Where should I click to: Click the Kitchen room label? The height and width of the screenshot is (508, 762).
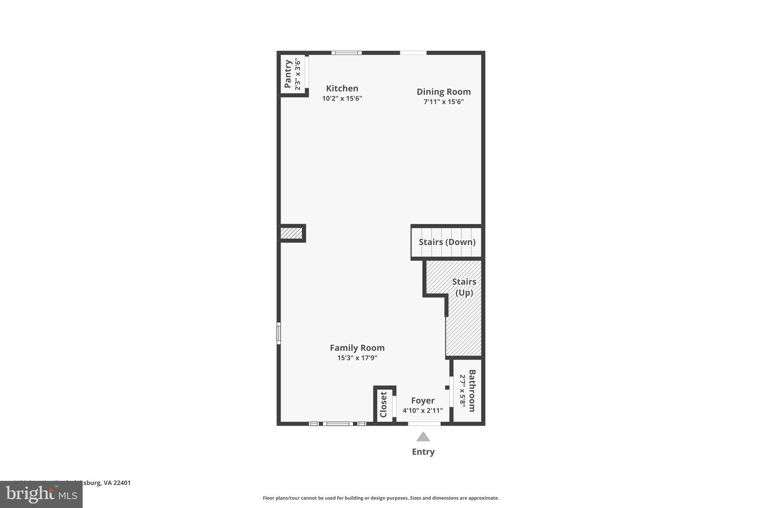[342, 89]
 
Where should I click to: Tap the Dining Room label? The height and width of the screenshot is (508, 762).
[444, 92]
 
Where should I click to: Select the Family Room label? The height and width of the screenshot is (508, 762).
[357, 348]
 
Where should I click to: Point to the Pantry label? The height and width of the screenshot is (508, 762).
[288, 74]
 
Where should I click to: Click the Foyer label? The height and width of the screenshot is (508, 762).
[423, 401]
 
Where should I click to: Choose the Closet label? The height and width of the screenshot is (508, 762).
[384, 405]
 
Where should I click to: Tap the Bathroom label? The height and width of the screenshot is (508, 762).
[472, 390]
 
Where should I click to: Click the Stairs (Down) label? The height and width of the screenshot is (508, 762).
[447, 242]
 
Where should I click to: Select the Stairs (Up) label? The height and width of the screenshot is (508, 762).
[464, 287]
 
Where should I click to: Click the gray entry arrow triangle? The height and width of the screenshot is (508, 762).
[423, 437]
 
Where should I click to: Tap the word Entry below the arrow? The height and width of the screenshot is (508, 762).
[423, 452]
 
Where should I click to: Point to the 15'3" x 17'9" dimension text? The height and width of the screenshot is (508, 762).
[357, 358]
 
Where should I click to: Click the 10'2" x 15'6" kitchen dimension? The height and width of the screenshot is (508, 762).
[342, 99]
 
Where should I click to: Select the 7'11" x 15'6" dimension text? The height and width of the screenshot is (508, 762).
[444, 102]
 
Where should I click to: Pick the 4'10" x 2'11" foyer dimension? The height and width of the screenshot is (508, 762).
[423, 411]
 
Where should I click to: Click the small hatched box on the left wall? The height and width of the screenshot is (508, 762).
[291, 233]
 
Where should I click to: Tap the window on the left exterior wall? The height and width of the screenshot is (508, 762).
[279, 333]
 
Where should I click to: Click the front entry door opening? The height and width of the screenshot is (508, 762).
[424, 424]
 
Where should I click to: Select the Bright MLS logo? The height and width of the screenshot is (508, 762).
[41, 495]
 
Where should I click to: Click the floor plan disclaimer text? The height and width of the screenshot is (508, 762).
[381, 498]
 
